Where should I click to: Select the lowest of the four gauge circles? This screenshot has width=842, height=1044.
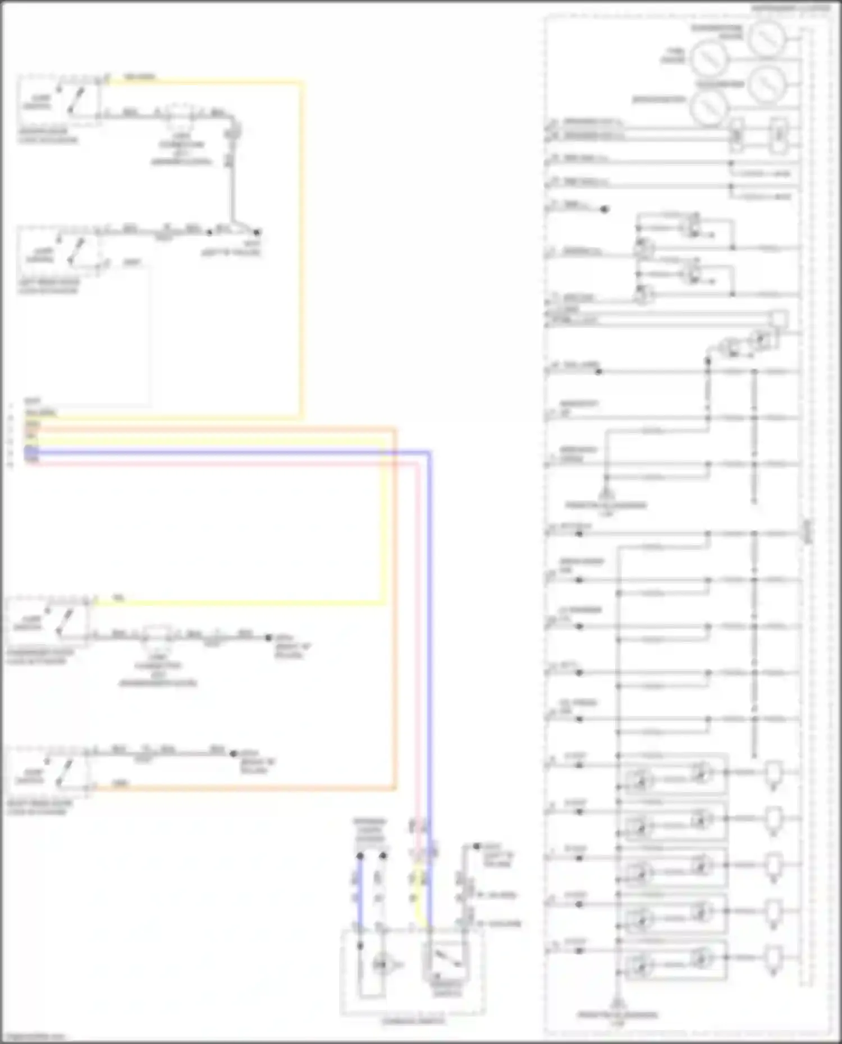(x=708, y=108)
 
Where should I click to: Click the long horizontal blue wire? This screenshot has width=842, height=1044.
(x=225, y=452)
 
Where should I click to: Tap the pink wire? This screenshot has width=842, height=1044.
(x=225, y=463)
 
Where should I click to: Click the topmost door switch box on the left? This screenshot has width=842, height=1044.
(x=59, y=99)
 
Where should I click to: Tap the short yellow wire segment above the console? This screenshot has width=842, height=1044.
(x=418, y=898)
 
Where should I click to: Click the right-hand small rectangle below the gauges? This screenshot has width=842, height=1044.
(x=777, y=135)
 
